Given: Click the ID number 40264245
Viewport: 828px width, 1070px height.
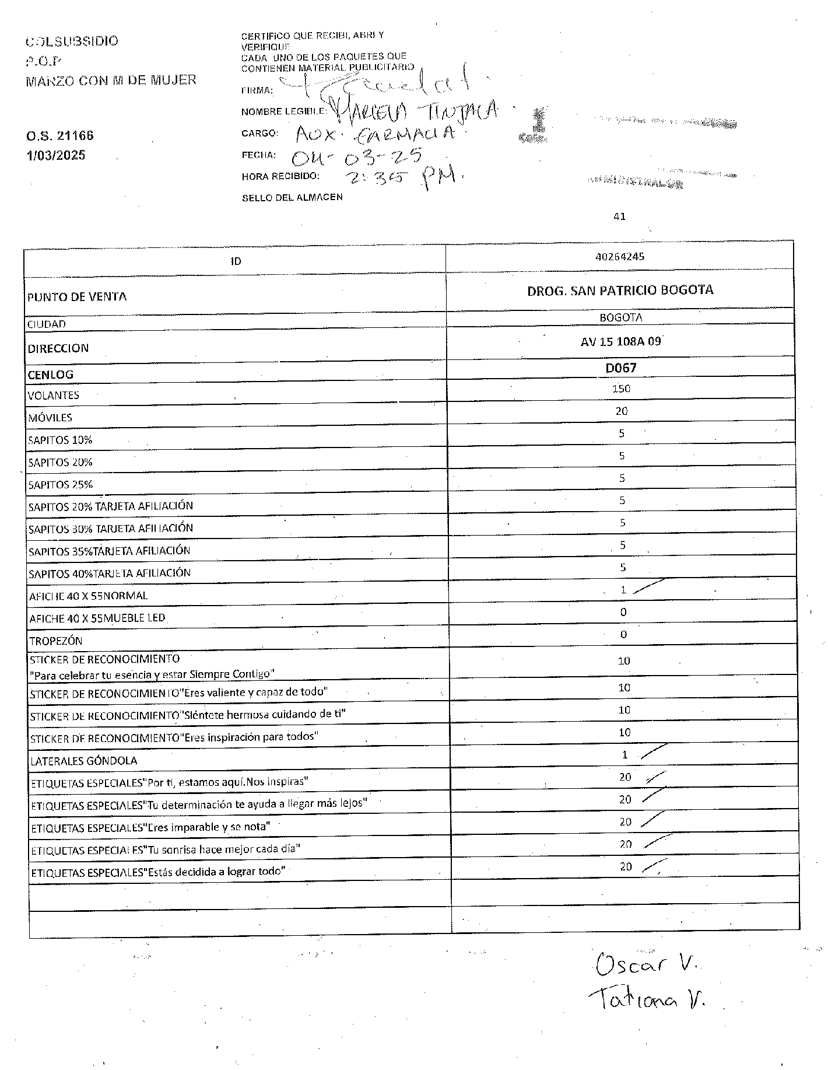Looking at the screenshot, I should click(x=619, y=256).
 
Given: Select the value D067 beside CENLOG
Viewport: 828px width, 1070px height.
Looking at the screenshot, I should click(x=620, y=368).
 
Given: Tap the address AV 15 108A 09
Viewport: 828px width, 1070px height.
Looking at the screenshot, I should click(x=620, y=341).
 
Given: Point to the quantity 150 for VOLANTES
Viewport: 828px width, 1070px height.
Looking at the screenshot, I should click(x=621, y=389).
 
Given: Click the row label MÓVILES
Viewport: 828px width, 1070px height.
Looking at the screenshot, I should click(x=50, y=418).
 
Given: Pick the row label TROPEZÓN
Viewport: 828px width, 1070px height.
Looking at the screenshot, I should click(x=56, y=641).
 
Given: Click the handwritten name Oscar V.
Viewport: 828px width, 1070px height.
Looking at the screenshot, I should click(x=647, y=965).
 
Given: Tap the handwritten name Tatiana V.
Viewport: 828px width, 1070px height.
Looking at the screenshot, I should click(x=647, y=1000).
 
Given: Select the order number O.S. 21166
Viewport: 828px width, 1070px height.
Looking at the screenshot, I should click(x=59, y=136).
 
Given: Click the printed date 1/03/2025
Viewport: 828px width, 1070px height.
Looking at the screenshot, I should click(x=55, y=155).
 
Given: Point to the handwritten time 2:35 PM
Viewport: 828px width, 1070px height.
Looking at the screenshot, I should click(x=403, y=178).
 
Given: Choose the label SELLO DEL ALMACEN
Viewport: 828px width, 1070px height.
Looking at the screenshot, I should click(x=292, y=198).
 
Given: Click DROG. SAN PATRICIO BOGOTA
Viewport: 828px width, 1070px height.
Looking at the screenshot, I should click(x=620, y=290).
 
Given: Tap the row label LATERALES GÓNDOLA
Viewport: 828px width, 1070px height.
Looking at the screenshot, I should click(x=84, y=761).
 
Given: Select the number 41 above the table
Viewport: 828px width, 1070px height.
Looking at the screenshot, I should click(x=619, y=216).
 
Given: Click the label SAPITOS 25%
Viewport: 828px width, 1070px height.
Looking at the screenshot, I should click(x=61, y=484).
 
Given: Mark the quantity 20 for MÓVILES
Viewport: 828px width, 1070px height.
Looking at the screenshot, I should click(x=621, y=411).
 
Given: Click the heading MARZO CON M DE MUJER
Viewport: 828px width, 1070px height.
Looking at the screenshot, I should click(x=111, y=81).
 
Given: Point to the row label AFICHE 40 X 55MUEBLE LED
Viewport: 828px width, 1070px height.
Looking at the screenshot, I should click(x=97, y=618).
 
